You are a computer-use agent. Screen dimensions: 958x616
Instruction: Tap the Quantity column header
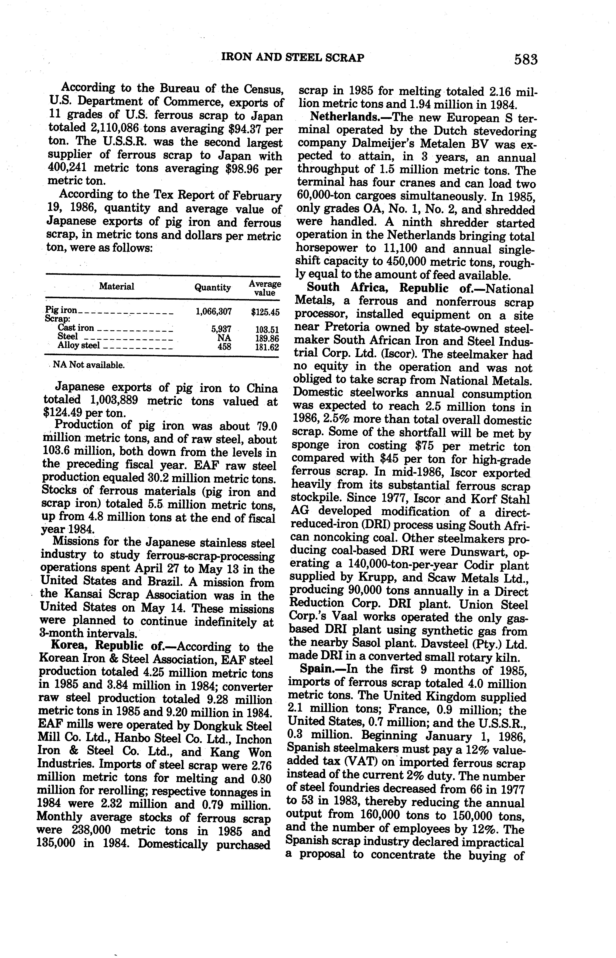(212, 287)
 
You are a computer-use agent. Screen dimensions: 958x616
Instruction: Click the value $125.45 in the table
(265, 312)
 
